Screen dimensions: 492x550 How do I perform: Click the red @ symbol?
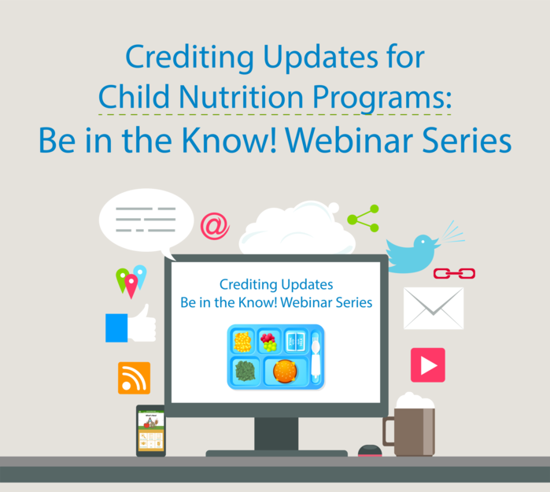pyautogui.click(x=214, y=226)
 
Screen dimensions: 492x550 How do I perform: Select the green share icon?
pyautogui.click(x=364, y=218)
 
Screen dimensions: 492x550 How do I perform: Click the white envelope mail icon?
pyautogui.click(x=434, y=308)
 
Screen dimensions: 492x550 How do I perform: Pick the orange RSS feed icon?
pyautogui.click(x=134, y=378)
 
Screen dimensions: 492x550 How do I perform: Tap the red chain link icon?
pyautogui.click(x=454, y=273)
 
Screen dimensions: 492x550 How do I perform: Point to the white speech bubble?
pyautogui.click(x=146, y=220)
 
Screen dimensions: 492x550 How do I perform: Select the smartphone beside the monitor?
pyautogui.click(x=150, y=431)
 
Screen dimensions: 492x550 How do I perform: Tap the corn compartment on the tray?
pyautogui.click(x=242, y=342)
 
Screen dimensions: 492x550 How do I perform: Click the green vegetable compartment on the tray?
pyautogui.click(x=245, y=371)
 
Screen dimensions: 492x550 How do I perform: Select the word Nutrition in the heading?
pyautogui.click(x=270, y=98)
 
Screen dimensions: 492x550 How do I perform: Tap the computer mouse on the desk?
pyautogui.click(x=368, y=451)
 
